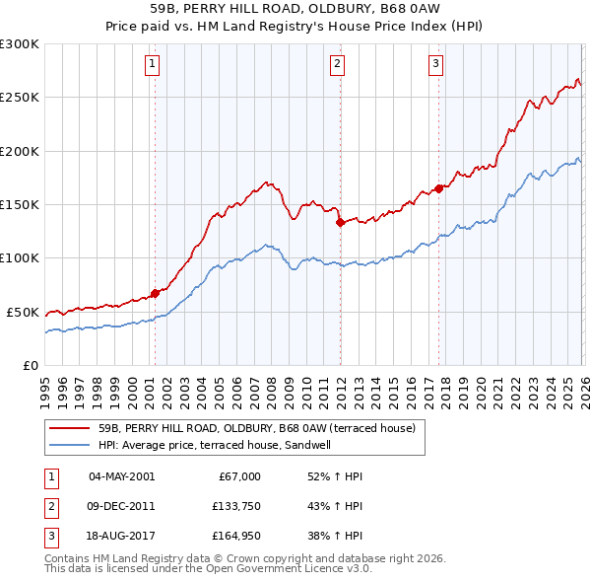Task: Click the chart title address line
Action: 295,10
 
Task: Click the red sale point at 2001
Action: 155,293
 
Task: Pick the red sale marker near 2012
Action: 340,222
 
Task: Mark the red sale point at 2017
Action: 438,188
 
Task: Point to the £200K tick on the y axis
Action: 20,151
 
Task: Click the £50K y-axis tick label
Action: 23,312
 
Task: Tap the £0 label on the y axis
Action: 31,365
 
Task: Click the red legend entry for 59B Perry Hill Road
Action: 256,428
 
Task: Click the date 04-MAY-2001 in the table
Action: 121,476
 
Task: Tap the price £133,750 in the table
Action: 233,507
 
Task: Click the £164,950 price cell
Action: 233,538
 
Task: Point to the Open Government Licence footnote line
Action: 208,569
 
